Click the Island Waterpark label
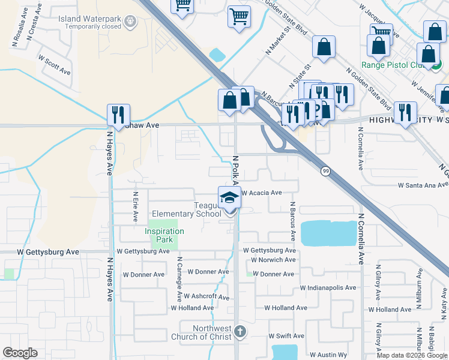[90, 19]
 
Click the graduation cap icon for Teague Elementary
[229, 197]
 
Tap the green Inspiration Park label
[164, 235]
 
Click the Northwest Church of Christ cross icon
[240, 331]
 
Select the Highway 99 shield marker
[325, 171]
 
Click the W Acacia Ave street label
[262, 193]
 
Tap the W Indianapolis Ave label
[328, 288]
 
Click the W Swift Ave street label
[286, 336]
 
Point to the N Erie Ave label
[136, 206]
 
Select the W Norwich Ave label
[273, 260]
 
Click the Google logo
[20, 353]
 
